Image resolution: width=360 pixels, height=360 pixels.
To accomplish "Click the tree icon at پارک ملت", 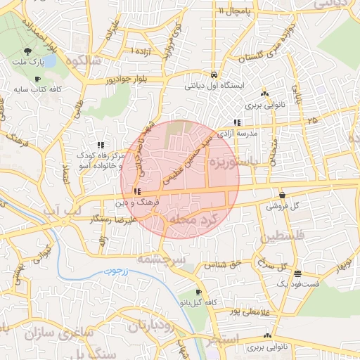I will [28, 51].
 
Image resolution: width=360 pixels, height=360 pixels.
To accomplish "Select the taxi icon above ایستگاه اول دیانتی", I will [213, 75].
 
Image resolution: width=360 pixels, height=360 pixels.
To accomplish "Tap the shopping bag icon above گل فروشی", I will [282, 195].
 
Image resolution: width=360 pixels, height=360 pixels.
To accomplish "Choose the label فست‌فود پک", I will [297, 283].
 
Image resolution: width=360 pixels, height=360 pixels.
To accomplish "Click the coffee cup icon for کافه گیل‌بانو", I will [198, 292].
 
